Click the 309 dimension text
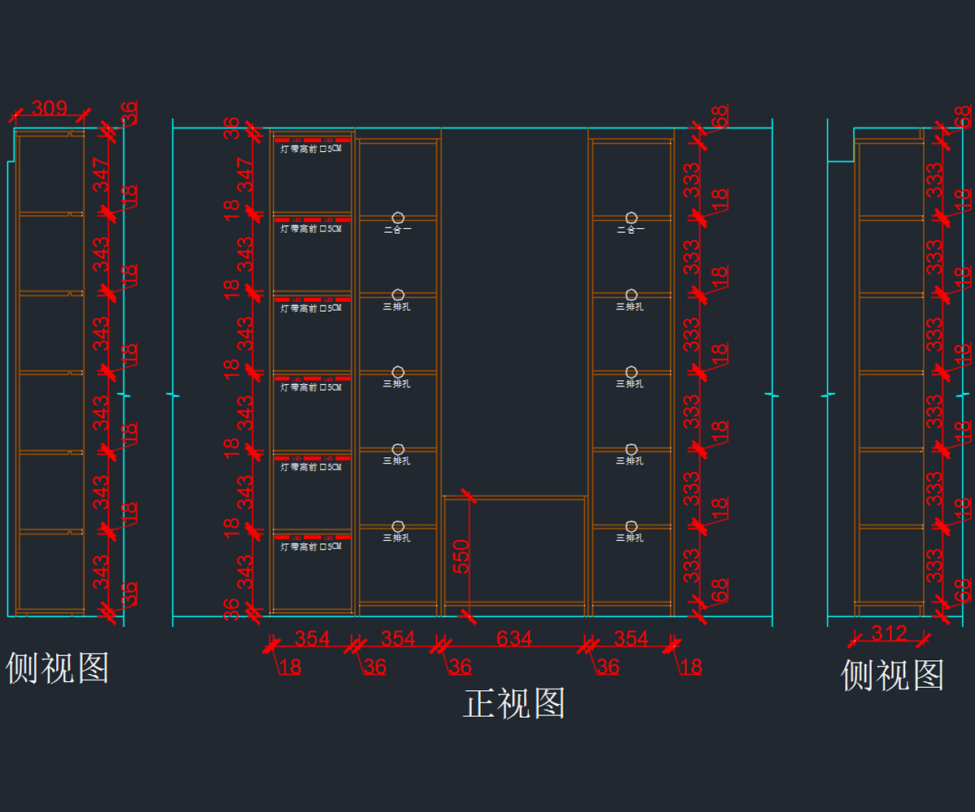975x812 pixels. [x=49, y=107]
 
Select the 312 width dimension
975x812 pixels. [x=888, y=633]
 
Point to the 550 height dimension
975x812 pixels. [x=461, y=556]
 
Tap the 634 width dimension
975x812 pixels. [x=513, y=638]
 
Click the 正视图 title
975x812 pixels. [x=514, y=703]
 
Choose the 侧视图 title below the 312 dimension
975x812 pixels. [x=892, y=675]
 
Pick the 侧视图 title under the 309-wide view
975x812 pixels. [x=57, y=668]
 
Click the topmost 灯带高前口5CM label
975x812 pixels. [x=311, y=149]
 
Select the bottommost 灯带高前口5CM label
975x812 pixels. [x=311, y=547]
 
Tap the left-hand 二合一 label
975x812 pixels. [x=397, y=230]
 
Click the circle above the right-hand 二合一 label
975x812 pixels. [x=630, y=217]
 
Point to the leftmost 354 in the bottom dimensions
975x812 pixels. [x=312, y=638]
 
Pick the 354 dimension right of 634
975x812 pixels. [x=630, y=638]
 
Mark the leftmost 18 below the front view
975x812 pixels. [x=289, y=667]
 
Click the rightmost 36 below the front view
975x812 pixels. [x=608, y=667]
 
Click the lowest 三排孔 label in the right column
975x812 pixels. [x=630, y=538]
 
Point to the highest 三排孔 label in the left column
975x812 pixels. [x=397, y=307]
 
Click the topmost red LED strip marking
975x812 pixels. [x=312, y=140]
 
